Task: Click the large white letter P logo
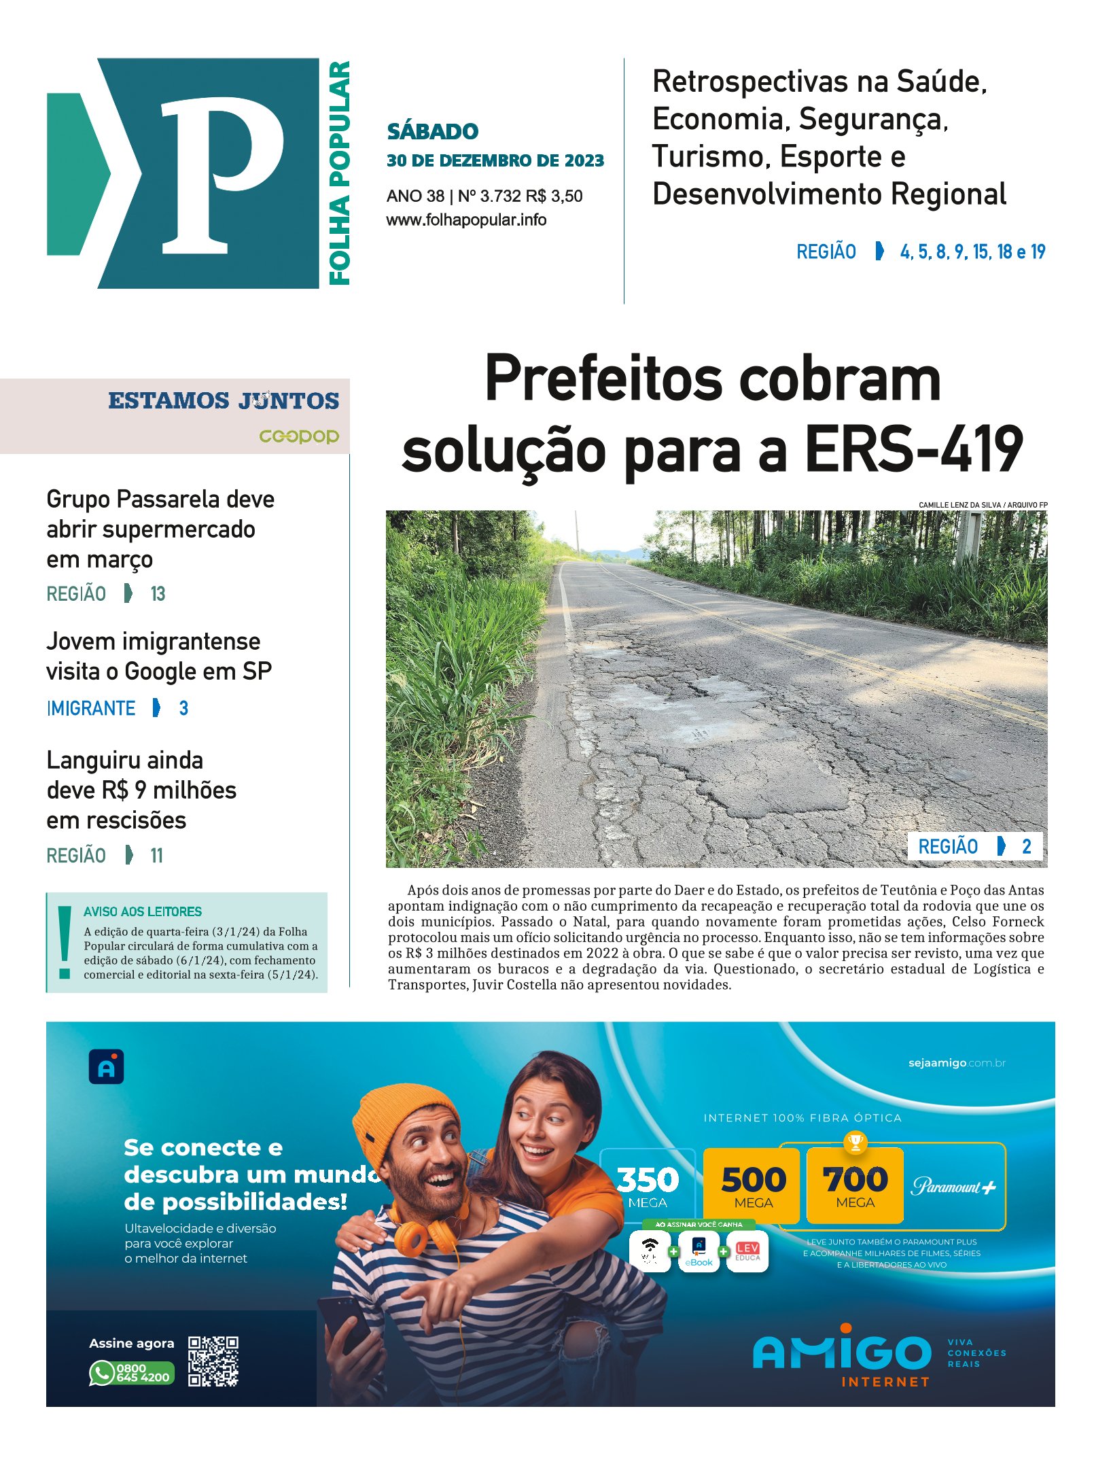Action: point(221,174)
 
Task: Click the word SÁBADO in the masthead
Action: point(432,131)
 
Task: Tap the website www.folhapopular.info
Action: point(466,220)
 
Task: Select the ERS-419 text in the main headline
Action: point(914,449)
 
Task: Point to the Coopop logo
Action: point(299,436)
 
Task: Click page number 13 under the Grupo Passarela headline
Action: point(158,594)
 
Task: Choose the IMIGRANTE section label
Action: point(91,708)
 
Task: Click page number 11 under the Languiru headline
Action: point(156,856)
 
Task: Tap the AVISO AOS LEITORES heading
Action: point(143,911)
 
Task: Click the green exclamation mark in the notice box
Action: point(65,941)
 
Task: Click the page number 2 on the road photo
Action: point(1026,846)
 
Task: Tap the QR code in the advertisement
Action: point(213,1361)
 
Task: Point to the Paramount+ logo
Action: point(953,1187)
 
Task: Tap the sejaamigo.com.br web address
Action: point(956,1063)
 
